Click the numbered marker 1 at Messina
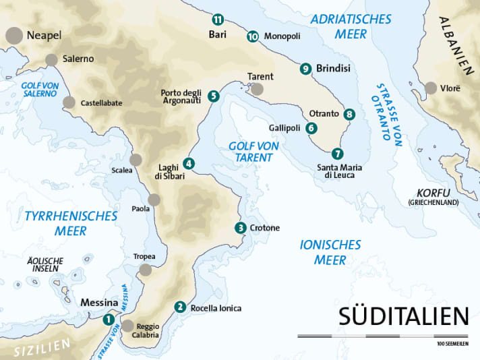(x=109, y=320)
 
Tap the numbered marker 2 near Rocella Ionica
(x=179, y=307)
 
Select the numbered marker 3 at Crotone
(x=241, y=228)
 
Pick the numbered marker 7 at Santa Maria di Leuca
(x=338, y=153)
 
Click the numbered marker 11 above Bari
(x=217, y=19)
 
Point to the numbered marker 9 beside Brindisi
(x=305, y=68)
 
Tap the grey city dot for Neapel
(x=13, y=35)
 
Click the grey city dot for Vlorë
(x=430, y=88)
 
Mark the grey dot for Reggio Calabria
(x=127, y=326)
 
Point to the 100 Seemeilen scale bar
(x=383, y=336)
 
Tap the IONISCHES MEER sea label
(x=330, y=252)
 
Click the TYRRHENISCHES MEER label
(x=70, y=223)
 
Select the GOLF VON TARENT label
(x=250, y=151)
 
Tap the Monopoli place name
(x=282, y=36)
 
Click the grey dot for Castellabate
(x=69, y=102)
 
